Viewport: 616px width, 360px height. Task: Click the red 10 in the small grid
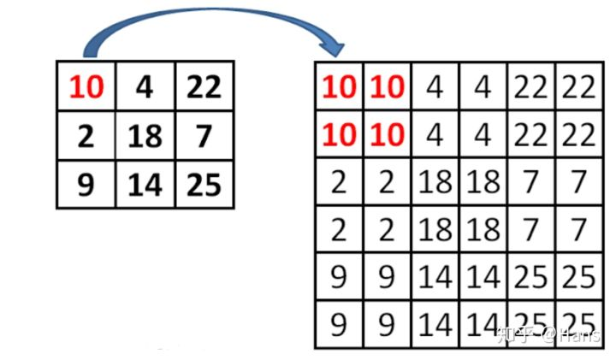click(x=86, y=86)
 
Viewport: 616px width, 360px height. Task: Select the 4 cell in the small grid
click(x=145, y=86)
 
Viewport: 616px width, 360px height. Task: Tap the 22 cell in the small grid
click(x=203, y=86)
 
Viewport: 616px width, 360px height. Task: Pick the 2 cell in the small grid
click(x=86, y=136)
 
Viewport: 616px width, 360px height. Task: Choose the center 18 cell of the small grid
click(x=145, y=136)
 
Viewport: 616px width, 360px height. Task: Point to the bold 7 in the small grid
click(x=203, y=136)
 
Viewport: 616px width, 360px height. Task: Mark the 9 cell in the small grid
click(x=86, y=185)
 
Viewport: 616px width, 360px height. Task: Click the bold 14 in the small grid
click(x=145, y=185)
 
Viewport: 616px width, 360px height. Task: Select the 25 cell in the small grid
click(x=203, y=185)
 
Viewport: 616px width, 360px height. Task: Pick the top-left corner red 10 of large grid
click(x=340, y=86)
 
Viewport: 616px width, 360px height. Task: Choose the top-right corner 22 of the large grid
click(x=578, y=86)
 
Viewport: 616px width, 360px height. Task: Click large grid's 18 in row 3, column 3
click(x=435, y=182)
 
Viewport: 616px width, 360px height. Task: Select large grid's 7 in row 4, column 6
click(x=578, y=229)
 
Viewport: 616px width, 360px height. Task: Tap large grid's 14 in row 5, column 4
click(x=483, y=277)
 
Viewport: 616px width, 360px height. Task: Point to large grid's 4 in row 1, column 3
click(x=435, y=86)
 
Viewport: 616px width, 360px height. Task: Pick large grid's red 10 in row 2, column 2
click(x=388, y=134)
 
